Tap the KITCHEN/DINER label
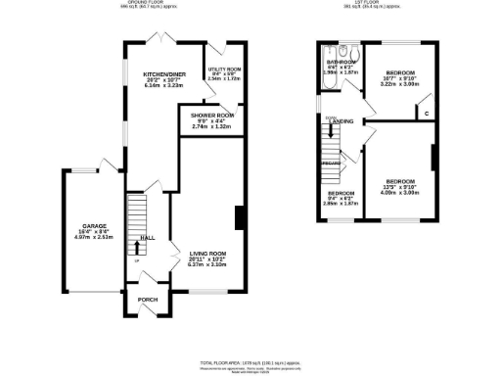click(x=163, y=73)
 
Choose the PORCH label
click(x=147, y=300)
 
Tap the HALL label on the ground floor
click(x=147, y=238)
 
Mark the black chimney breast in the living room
click(x=238, y=218)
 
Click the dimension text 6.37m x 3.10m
click(x=206, y=265)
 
